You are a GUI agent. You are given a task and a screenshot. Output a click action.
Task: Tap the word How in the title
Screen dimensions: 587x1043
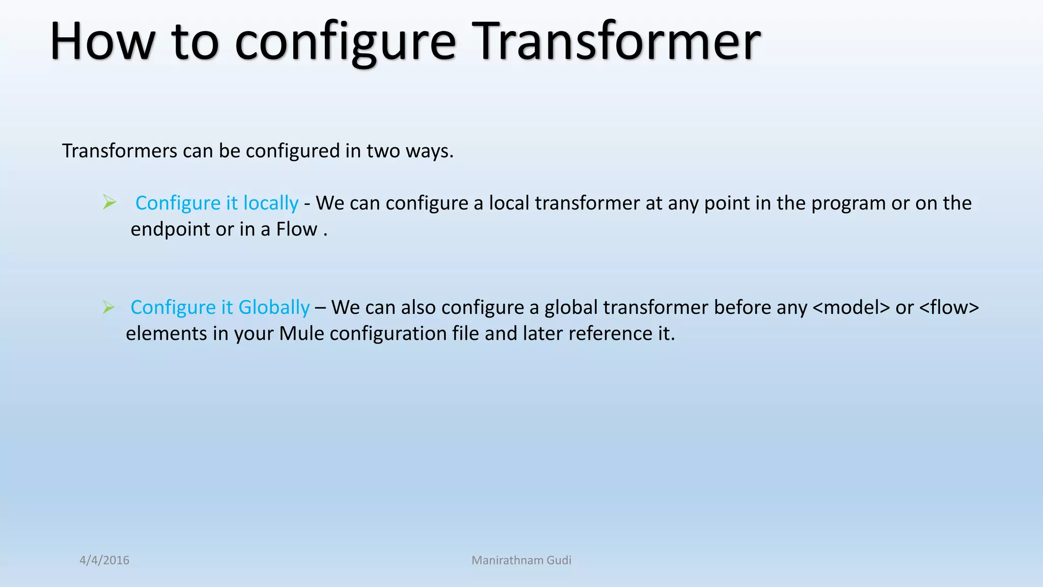coord(102,42)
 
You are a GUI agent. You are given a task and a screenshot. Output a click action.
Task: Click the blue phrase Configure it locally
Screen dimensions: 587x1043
coord(217,203)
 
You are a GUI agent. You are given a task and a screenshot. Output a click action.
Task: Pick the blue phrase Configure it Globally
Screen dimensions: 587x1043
coord(220,308)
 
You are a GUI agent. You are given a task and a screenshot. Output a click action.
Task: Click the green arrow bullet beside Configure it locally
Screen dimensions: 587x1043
coord(109,202)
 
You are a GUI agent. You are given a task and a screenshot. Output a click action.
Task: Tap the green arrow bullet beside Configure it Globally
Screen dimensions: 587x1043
coord(108,307)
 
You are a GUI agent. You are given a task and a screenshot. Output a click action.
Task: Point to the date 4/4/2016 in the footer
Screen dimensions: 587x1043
coord(104,560)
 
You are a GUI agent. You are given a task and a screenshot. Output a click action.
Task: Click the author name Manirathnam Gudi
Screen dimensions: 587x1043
coord(521,560)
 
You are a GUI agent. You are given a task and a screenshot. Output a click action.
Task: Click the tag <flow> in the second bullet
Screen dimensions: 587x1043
coord(949,308)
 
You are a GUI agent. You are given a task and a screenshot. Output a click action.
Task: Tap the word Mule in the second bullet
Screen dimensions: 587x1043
coord(301,334)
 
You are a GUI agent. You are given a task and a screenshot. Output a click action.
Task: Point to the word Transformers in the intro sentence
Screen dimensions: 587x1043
coord(120,151)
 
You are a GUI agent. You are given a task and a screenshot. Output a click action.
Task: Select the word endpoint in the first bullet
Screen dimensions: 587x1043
coord(170,230)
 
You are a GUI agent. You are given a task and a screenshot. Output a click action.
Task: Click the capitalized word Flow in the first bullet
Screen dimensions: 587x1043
coord(297,229)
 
